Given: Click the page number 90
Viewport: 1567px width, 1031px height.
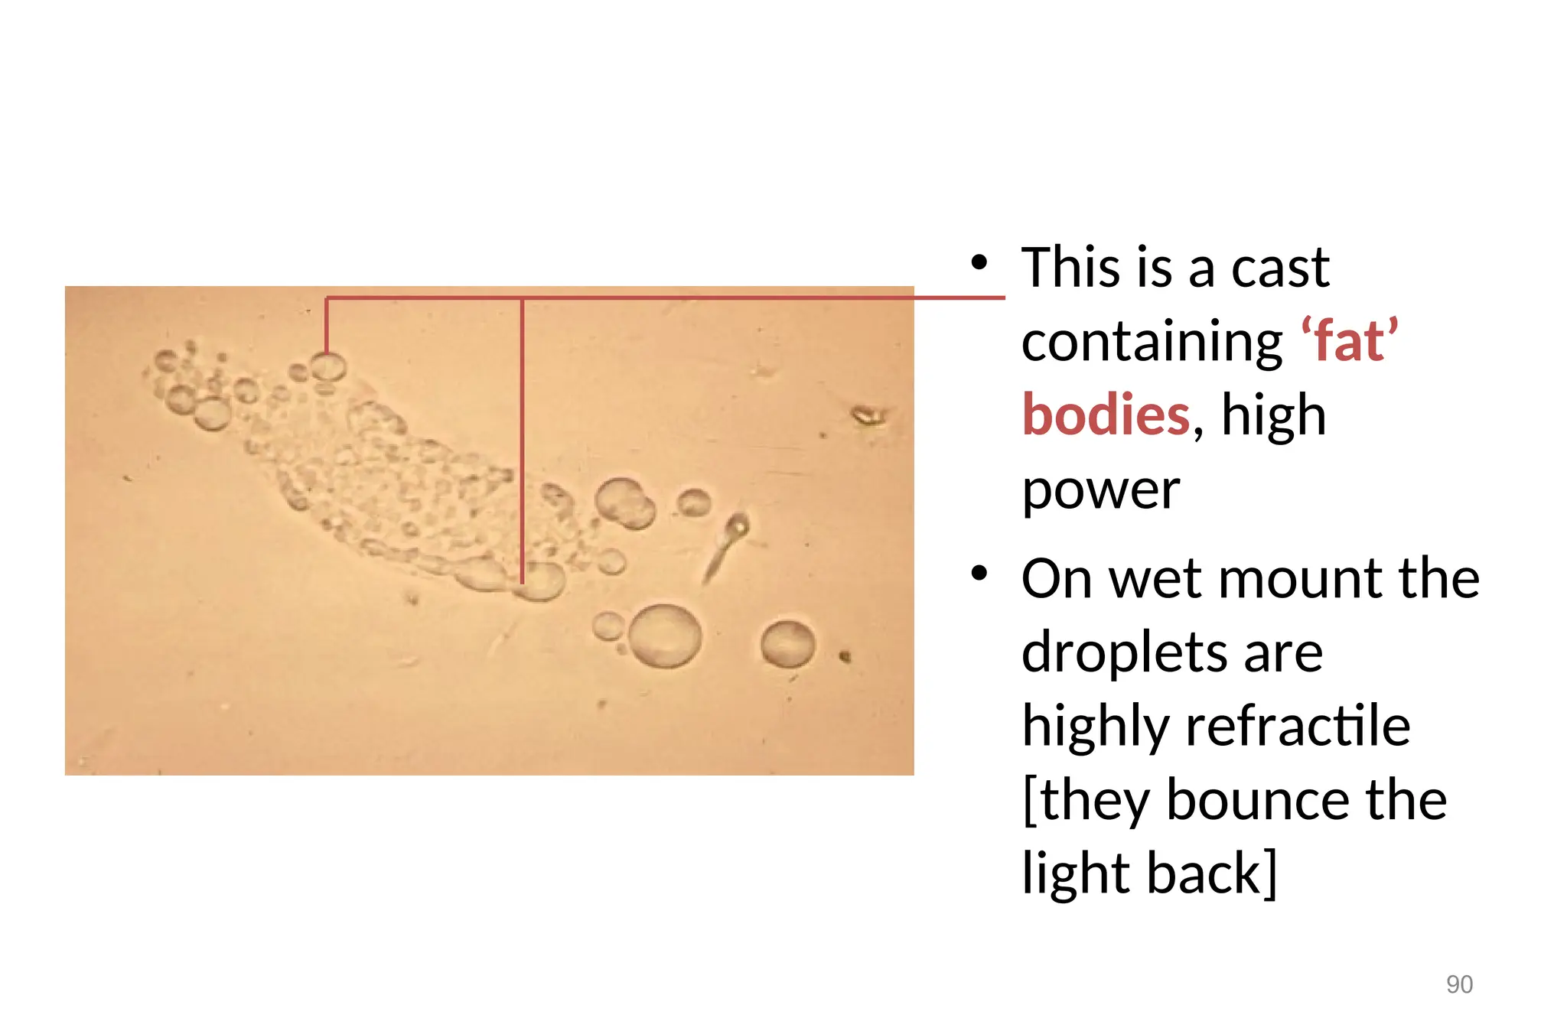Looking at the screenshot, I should click(1459, 984).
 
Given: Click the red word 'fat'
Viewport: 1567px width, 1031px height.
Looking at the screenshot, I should click(1350, 341).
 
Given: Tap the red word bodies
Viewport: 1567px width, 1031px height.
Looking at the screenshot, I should click(1106, 415).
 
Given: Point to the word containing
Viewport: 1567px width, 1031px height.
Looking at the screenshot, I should click(1152, 341).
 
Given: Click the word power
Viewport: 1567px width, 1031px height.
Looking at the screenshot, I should click(1101, 489).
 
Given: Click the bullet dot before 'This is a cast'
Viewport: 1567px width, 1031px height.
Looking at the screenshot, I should click(979, 263).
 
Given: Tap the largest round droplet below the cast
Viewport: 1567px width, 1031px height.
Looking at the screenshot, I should click(665, 636).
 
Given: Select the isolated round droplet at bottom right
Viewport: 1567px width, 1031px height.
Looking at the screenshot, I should click(787, 643).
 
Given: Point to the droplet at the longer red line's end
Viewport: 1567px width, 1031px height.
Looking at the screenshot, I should click(542, 581).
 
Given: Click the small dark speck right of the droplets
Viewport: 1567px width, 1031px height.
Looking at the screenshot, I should click(845, 656).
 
